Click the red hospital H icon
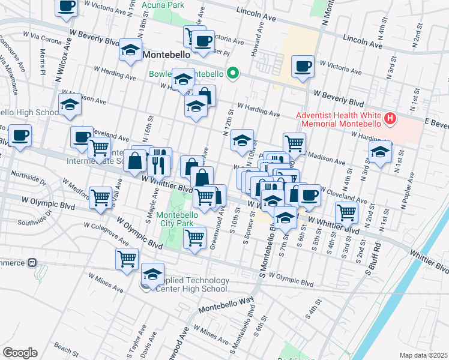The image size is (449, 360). click(x=391, y=118)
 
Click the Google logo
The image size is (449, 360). click(x=20, y=353)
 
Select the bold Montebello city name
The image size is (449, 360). click(x=167, y=54)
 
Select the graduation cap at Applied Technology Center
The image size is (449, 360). click(x=153, y=274)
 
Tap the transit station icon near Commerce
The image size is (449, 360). click(x=33, y=263)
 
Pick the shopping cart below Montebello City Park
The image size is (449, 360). click(x=194, y=239)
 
